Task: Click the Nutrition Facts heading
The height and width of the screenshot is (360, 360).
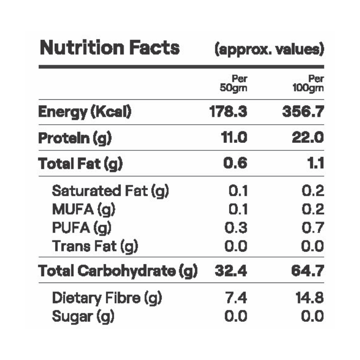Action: (x=109, y=48)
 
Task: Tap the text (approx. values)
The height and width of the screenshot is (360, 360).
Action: (x=269, y=49)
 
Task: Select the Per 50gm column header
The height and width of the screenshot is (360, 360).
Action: (x=234, y=84)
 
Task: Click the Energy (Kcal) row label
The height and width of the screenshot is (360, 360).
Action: (x=85, y=112)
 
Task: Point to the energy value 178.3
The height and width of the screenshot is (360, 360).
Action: (x=228, y=112)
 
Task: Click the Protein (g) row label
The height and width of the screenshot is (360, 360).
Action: (x=75, y=138)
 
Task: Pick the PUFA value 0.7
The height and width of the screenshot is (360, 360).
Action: (x=312, y=228)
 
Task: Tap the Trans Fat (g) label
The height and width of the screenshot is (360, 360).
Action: (x=95, y=247)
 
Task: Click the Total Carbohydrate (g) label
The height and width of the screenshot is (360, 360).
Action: (x=118, y=271)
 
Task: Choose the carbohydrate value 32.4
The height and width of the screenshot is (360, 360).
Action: (x=231, y=271)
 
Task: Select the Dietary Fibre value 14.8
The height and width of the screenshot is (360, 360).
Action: (x=308, y=298)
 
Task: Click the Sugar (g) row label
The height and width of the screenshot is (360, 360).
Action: (x=83, y=316)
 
